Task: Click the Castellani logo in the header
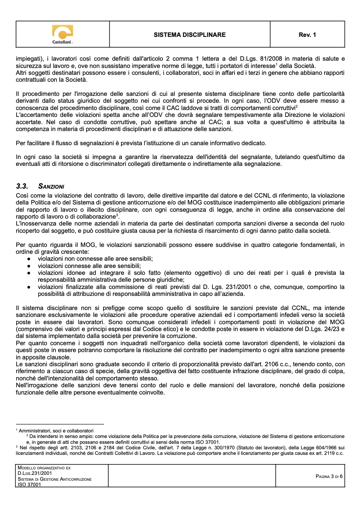click(62, 34)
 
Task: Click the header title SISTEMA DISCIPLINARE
click(190, 35)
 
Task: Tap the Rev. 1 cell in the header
click(307, 35)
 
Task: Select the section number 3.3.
click(22, 187)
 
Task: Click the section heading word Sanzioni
click(51, 187)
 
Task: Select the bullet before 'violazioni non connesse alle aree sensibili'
click(29, 259)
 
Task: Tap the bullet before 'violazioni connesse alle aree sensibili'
click(29, 266)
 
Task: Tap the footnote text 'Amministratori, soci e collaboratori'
click(56, 431)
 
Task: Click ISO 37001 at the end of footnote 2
click(208, 442)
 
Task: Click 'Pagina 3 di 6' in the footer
click(329, 476)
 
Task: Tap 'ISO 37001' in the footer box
click(29, 485)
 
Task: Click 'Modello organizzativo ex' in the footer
click(44, 468)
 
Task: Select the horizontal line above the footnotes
click(60, 424)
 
